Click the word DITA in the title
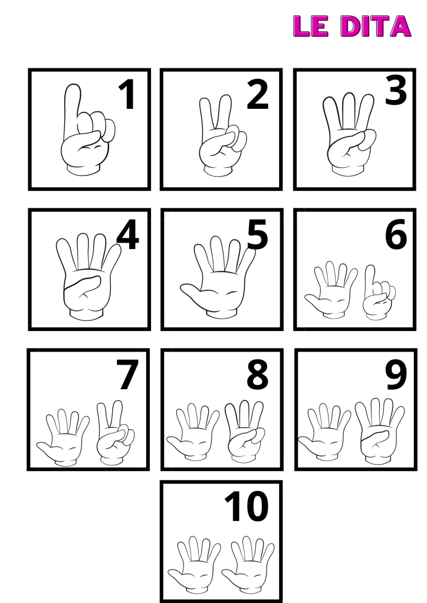point(376,26)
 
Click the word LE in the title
point(311,26)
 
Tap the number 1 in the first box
point(127,95)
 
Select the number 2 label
point(257,94)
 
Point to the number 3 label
point(396,90)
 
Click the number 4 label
point(127,234)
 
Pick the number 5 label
point(257,234)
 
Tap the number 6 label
point(396,234)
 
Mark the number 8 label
point(257,374)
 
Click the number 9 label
point(396,374)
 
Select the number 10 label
point(246,506)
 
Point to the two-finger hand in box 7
point(115,433)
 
